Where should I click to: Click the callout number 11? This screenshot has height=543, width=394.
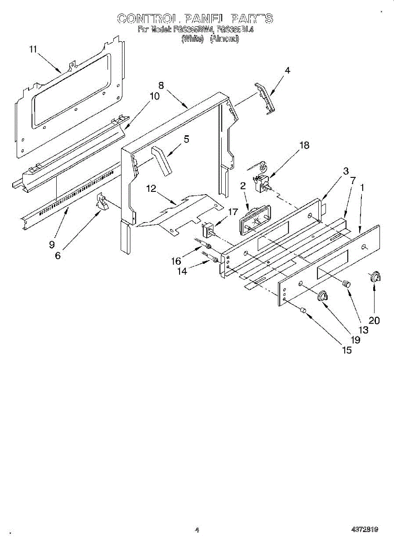point(33,49)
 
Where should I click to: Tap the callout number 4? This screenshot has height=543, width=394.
point(287,70)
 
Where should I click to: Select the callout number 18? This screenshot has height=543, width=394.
point(305,145)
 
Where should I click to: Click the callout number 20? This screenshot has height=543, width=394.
point(374,320)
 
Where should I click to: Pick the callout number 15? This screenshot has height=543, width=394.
point(346,350)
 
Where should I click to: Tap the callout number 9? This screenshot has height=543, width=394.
point(52,245)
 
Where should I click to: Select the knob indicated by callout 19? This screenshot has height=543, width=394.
point(322,296)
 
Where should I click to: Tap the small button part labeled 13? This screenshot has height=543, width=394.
point(346,283)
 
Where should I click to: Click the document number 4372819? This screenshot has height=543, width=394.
point(364,529)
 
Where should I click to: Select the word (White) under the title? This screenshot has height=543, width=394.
point(192,39)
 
